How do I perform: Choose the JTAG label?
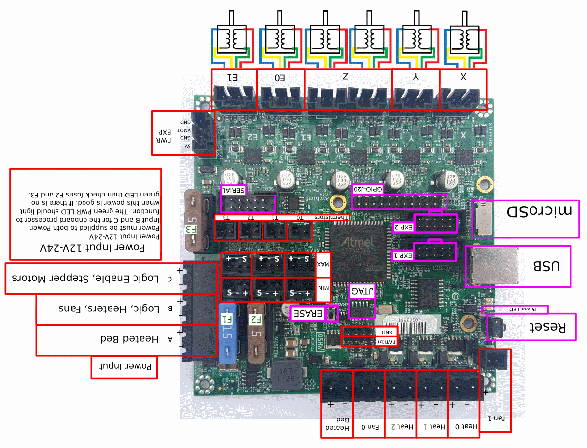tap(362, 291)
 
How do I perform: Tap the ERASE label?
tap(308, 313)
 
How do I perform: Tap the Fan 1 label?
tap(495, 418)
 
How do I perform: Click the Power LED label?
tap(521, 309)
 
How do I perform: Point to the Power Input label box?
tap(124, 367)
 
